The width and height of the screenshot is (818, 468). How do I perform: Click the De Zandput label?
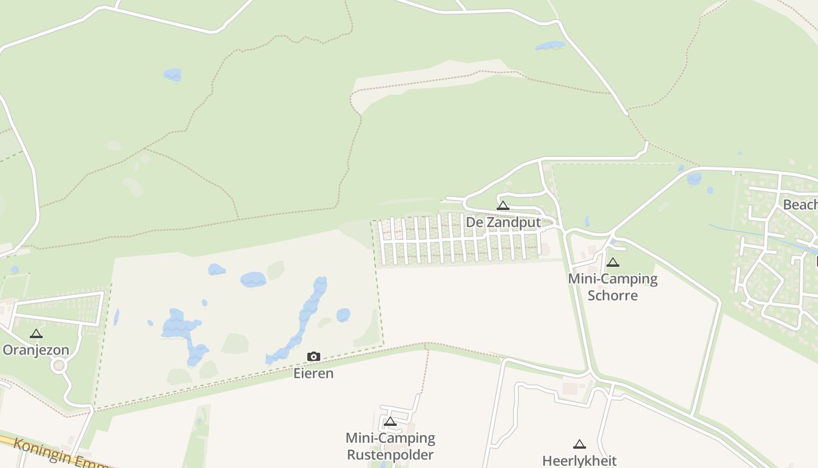click(x=503, y=223)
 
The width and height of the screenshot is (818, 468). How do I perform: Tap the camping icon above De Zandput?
click(x=503, y=205)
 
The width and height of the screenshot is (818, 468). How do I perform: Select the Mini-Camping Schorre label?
click(x=612, y=287)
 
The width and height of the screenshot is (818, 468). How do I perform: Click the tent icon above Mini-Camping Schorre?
click(x=612, y=262)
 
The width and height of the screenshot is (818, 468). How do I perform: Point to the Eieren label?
click(x=313, y=373)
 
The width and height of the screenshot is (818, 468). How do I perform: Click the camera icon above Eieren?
click(x=314, y=356)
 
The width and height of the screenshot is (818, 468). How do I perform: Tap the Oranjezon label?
click(x=36, y=350)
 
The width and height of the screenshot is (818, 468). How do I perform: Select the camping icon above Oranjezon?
click(x=36, y=333)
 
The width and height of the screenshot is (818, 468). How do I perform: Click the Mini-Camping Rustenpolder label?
click(x=390, y=446)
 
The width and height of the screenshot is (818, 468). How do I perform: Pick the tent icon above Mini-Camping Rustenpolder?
click(x=390, y=421)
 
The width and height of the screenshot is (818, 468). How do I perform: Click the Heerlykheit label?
click(x=579, y=461)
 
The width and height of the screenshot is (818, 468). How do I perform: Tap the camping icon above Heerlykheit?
click(x=579, y=444)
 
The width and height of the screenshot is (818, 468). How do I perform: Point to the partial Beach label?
click(x=800, y=205)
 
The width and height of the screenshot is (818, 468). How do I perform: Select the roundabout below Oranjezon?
click(x=58, y=366)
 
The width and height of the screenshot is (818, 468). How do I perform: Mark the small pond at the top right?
click(x=550, y=45)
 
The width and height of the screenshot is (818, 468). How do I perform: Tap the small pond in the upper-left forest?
click(x=172, y=74)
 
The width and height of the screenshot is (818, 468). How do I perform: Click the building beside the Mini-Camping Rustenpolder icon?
click(x=411, y=429)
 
